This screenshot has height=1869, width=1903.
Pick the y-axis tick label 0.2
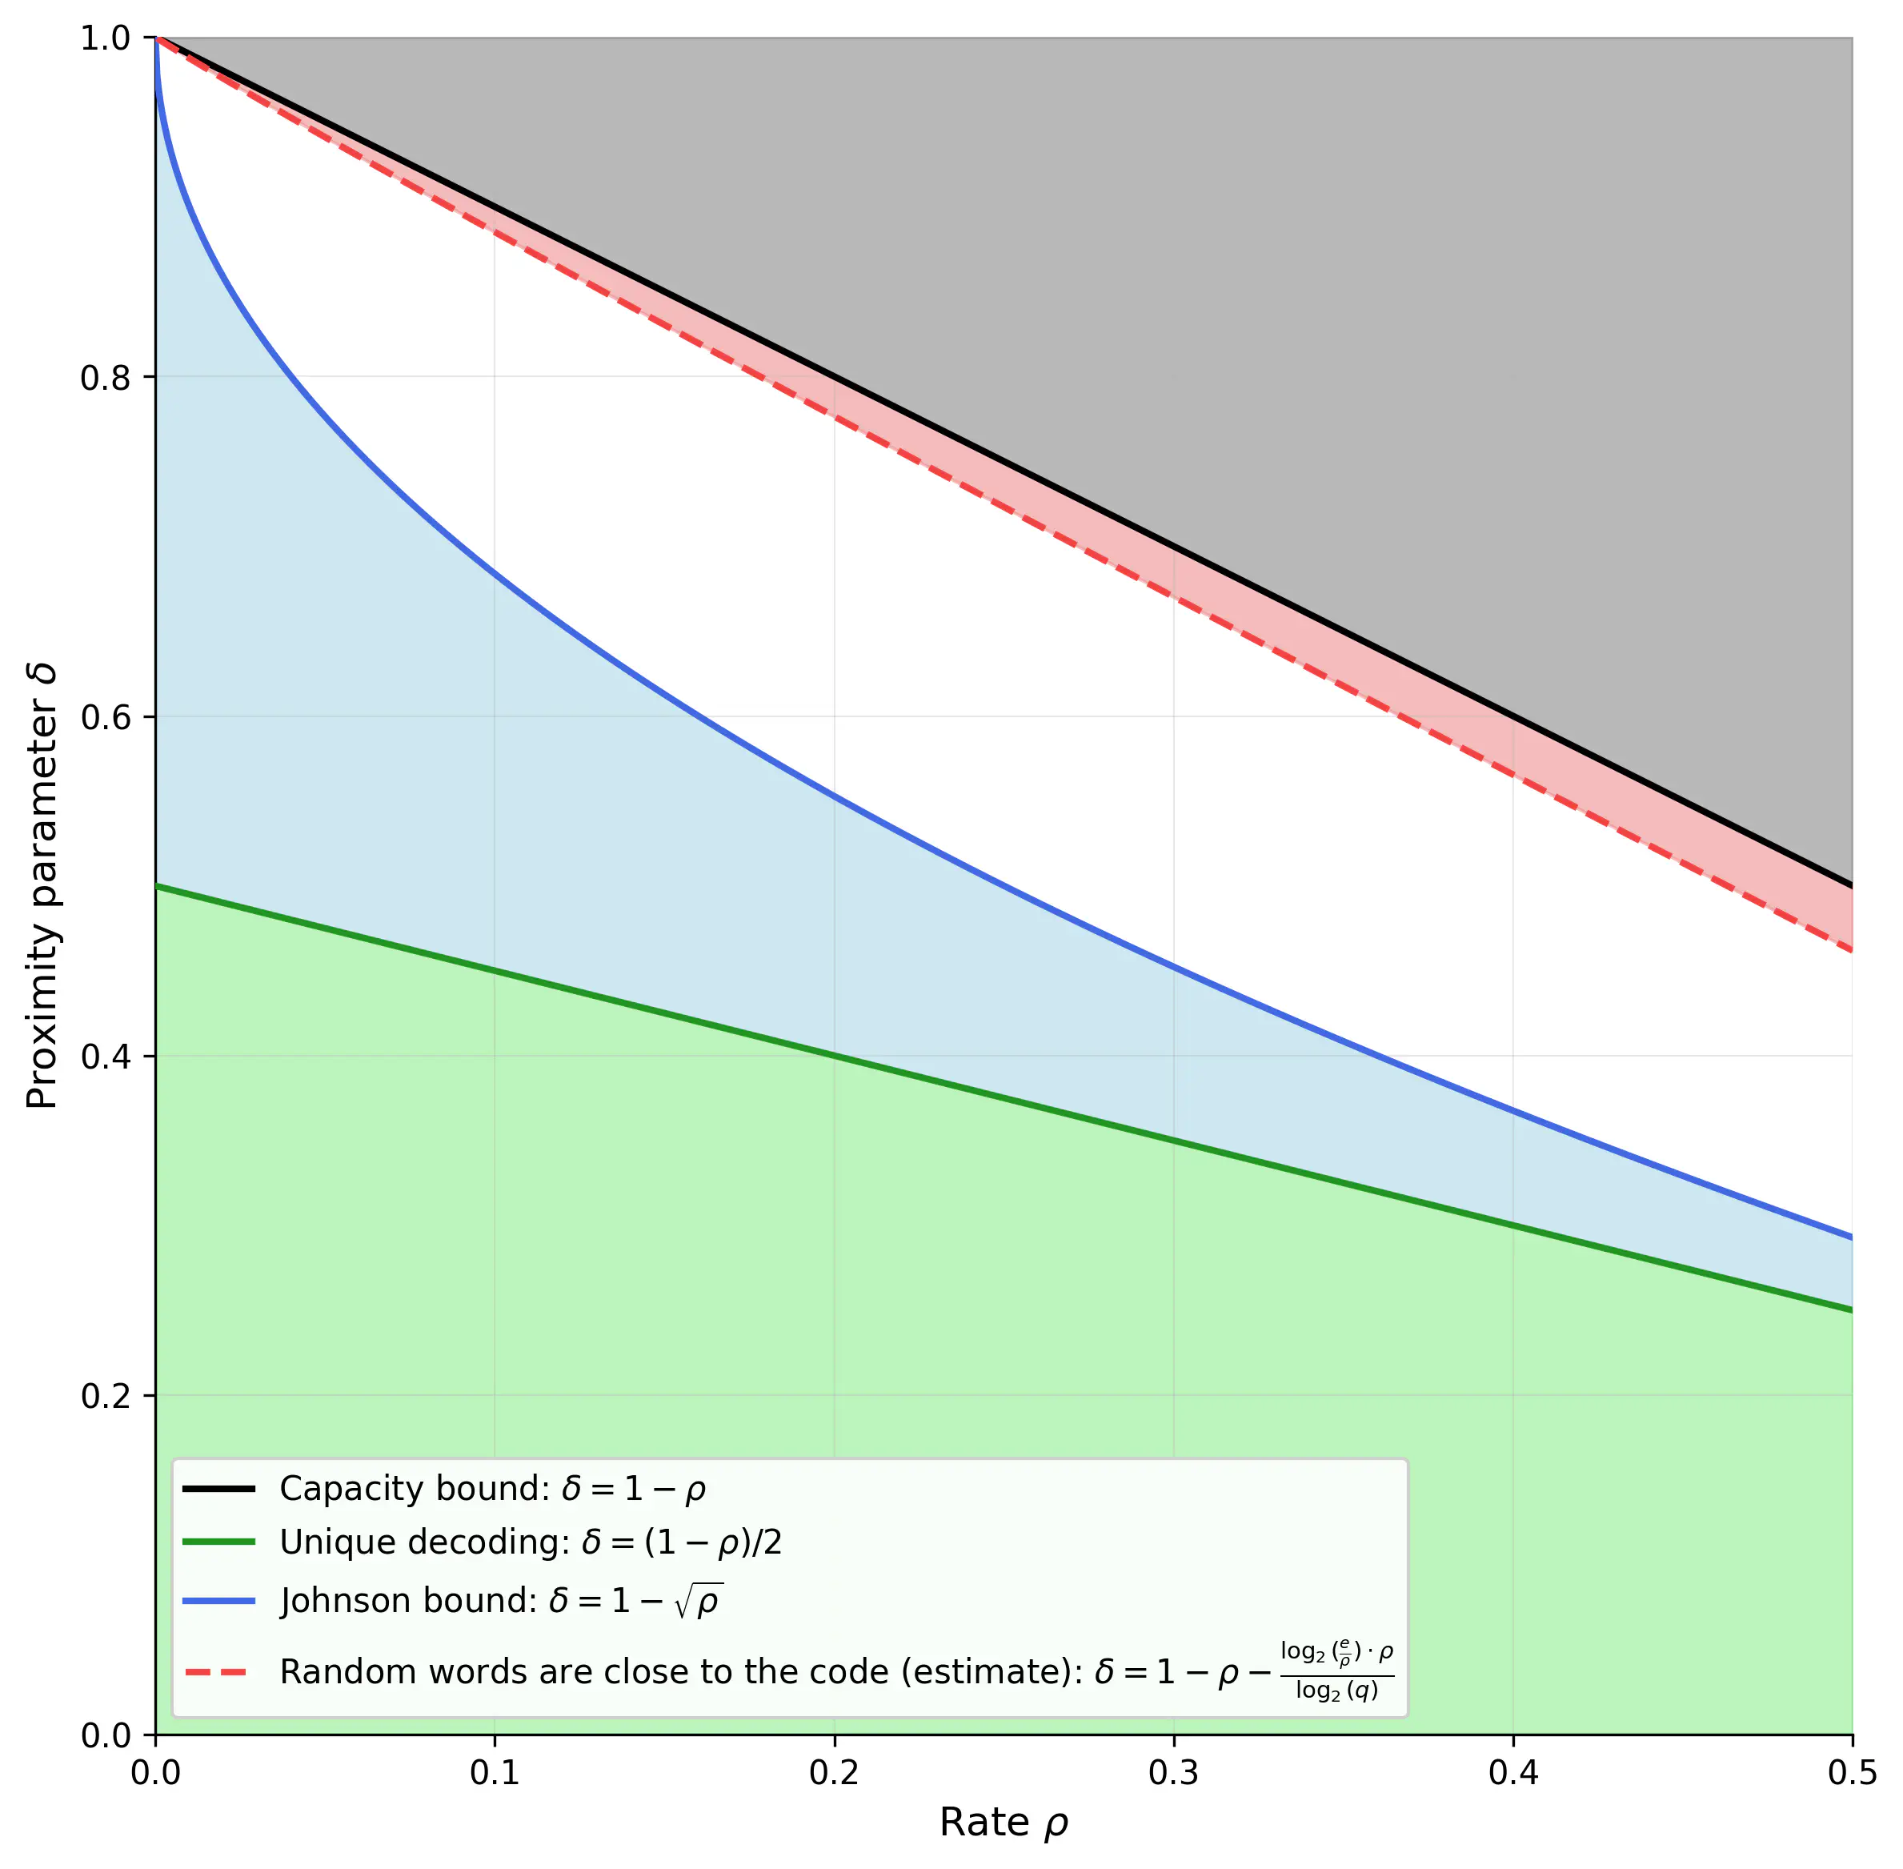(x=105, y=1396)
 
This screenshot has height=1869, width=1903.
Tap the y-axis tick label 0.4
(x=105, y=1057)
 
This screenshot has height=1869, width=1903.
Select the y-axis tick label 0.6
(x=105, y=716)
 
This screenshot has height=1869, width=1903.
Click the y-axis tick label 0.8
(x=105, y=377)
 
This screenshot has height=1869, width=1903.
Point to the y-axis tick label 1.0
(x=105, y=38)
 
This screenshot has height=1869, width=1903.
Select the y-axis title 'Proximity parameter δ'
(x=42, y=886)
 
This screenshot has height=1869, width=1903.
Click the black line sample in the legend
(x=218, y=1489)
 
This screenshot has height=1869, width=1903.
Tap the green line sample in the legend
(x=218, y=1543)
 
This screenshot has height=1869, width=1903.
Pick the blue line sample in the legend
(x=218, y=1601)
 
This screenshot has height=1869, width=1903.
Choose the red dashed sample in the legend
(x=218, y=1672)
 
